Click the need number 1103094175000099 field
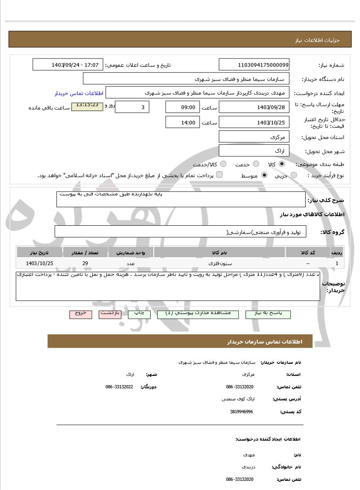point(254,65)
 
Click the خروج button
point(81,314)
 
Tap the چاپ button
point(139,314)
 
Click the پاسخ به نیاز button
point(268,314)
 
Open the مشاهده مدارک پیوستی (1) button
point(198,314)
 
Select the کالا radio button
point(282,164)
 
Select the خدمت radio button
point(256,164)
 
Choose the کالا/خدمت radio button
point(223,164)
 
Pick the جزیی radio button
point(294,176)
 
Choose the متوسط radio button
point(264,176)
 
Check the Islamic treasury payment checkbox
point(219,175)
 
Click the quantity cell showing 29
point(85,263)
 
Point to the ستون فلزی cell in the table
point(219,263)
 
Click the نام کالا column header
point(219,252)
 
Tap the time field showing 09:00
point(182,107)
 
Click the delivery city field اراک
point(254,151)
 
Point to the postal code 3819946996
point(241,412)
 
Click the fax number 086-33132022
point(119,387)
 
